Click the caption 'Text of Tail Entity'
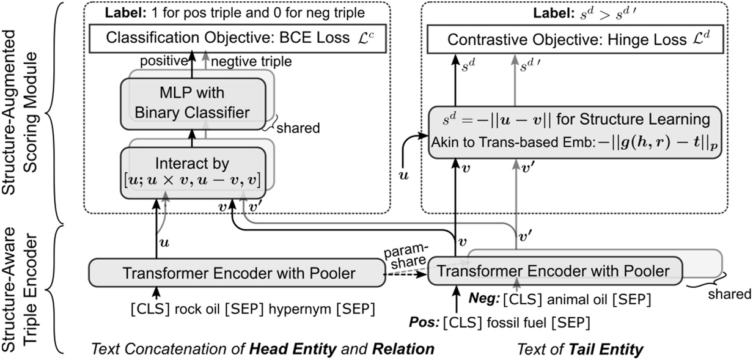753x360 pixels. [579, 350]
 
